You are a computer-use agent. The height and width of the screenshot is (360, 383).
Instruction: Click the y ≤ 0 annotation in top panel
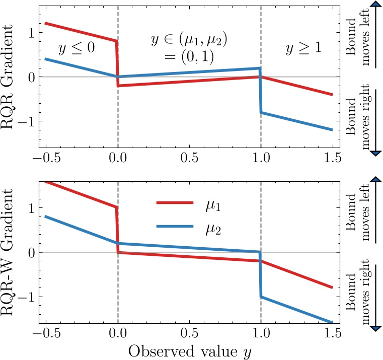tap(77, 49)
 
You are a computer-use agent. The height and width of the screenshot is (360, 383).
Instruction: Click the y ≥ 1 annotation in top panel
tap(303, 49)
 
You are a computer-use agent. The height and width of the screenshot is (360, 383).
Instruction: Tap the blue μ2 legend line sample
tap(175, 227)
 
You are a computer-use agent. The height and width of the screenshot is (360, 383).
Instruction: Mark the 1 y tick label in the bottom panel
tap(31, 208)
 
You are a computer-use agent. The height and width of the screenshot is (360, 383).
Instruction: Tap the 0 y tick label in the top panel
tap(31, 77)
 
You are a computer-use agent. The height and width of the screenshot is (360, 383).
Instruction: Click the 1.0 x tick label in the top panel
tap(261, 158)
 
